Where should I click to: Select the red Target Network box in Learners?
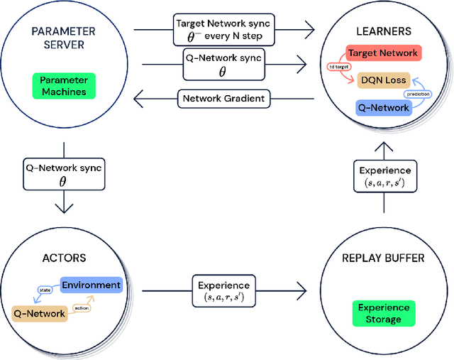click(384, 53)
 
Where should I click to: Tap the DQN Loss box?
click(384, 80)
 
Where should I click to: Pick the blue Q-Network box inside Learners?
click(382, 107)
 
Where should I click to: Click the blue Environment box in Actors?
click(91, 285)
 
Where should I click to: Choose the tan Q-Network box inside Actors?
click(39, 312)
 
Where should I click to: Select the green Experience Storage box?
click(384, 313)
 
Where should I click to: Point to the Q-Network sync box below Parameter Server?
click(64, 175)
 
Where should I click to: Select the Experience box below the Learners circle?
click(384, 177)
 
